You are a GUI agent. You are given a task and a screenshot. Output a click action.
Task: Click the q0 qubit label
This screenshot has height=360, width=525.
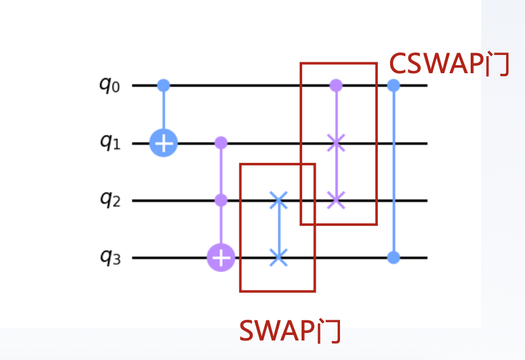click(x=110, y=85)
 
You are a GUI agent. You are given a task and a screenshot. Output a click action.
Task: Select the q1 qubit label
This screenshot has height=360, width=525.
click(x=110, y=143)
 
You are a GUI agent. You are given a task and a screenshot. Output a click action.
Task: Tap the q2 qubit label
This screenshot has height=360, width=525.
click(x=110, y=200)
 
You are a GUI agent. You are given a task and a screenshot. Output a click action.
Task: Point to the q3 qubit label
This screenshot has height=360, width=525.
click(x=110, y=257)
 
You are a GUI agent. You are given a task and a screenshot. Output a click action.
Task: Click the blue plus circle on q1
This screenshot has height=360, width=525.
click(x=164, y=144)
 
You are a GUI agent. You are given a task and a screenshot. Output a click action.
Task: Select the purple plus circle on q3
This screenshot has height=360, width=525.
click(x=221, y=258)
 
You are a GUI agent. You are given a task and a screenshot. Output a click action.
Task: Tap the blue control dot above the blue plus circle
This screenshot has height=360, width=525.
click(x=164, y=85)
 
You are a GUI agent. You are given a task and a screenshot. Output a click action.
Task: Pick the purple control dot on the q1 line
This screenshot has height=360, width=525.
click(x=221, y=143)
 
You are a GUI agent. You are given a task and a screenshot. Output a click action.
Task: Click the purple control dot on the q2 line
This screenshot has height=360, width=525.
click(x=221, y=200)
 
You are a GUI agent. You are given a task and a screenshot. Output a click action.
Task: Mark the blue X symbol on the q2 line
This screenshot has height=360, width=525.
click(x=278, y=200)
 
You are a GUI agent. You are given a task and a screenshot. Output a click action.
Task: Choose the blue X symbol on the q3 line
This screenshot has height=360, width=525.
click(x=278, y=257)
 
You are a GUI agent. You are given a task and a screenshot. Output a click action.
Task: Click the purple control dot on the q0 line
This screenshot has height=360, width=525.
click(x=335, y=85)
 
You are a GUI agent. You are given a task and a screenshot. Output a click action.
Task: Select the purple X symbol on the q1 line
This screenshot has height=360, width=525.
click(x=335, y=144)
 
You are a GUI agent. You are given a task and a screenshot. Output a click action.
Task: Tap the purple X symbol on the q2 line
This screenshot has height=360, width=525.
click(x=335, y=200)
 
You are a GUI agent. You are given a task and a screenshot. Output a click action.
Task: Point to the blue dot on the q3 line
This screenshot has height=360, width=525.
click(x=394, y=257)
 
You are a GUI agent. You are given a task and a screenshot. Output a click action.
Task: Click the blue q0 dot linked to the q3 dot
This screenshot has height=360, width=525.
click(x=394, y=85)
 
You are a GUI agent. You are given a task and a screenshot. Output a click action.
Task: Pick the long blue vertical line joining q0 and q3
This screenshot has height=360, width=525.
click(x=394, y=171)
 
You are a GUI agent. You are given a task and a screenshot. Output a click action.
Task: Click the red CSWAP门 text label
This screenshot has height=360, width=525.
click(x=449, y=63)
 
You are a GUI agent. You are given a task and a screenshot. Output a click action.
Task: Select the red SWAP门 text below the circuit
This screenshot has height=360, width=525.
click(x=289, y=331)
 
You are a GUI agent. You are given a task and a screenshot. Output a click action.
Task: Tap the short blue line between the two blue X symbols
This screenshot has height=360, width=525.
click(x=278, y=229)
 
